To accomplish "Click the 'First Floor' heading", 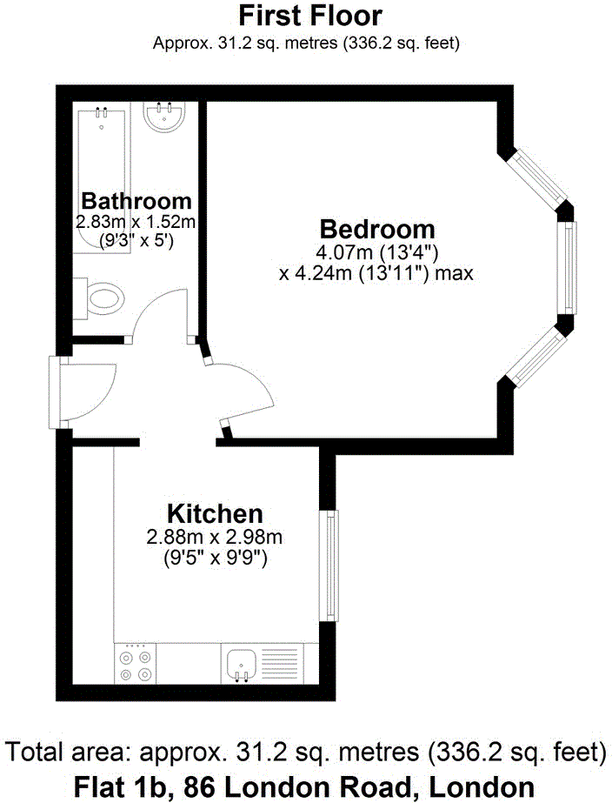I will (x=309, y=16).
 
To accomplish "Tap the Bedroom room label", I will (x=377, y=230).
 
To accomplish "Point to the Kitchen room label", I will (x=215, y=512).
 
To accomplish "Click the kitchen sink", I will (x=240, y=664).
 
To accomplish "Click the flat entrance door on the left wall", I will (x=63, y=391).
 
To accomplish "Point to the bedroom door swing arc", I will (x=246, y=391).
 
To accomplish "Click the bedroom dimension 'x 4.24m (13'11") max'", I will (x=376, y=274).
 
